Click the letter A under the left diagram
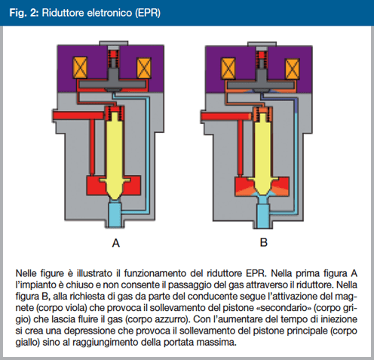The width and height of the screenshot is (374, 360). pos(116,243)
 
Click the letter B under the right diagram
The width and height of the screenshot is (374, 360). pos(264,242)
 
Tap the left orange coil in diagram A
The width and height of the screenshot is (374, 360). pos(80,68)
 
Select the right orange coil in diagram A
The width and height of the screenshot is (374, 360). pos(144,68)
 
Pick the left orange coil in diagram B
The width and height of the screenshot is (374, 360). pos(228,69)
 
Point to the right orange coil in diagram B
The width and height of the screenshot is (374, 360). pos(292,69)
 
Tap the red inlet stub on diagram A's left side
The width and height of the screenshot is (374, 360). pos(78,115)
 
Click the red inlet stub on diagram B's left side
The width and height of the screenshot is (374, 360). pos(226,116)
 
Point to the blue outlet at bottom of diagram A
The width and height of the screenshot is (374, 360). pos(115,214)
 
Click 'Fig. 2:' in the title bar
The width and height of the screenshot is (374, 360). pos(24,12)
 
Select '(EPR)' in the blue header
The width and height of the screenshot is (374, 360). pos(148,13)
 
